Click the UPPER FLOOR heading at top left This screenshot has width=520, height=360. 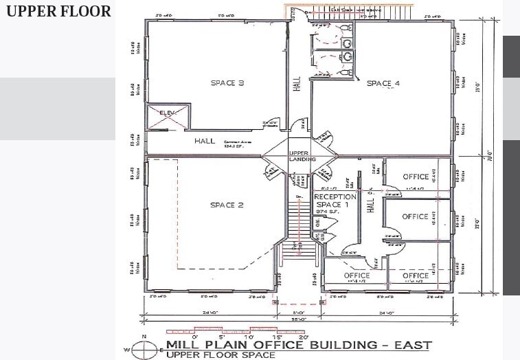[x=58, y=11]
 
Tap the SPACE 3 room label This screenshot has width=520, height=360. [x=227, y=83]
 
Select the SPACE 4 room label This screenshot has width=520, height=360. [x=383, y=84]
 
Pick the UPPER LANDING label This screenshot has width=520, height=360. [x=302, y=155]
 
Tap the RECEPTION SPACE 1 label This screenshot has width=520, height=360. [x=335, y=201]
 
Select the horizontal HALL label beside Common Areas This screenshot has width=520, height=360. [x=204, y=141]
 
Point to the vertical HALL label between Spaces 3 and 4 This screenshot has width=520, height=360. [x=297, y=84]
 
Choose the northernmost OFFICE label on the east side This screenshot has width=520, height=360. [x=416, y=177]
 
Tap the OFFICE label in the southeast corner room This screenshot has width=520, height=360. [x=416, y=275]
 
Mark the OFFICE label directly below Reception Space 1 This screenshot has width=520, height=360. [x=357, y=275]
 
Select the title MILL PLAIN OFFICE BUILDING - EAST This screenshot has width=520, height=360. [x=298, y=345]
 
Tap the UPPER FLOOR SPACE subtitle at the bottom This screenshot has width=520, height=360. [x=221, y=355]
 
